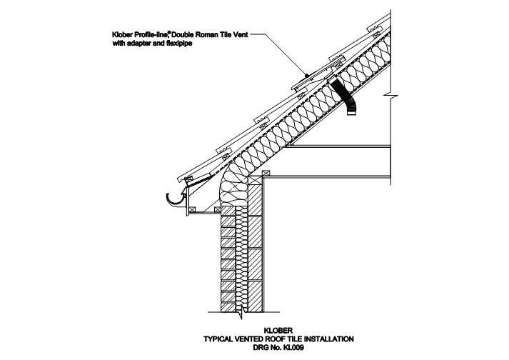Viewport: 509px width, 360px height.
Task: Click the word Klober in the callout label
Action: (122, 34)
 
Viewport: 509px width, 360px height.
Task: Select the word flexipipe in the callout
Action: (178, 43)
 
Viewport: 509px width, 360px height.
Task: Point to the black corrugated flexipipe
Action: (344, 96)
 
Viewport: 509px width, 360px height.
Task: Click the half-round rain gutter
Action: (175, 200)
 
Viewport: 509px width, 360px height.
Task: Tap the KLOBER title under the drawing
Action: (278, 331)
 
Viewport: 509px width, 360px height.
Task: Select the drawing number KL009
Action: (293, 348)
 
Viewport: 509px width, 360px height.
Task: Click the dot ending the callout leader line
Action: (307, 75)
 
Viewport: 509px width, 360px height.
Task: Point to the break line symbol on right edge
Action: (390, 95)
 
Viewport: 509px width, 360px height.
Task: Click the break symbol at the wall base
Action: (240, 314)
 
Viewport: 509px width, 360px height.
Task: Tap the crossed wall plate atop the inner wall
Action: (266, 174)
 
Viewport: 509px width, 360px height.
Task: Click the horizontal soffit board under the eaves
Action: (204, 214)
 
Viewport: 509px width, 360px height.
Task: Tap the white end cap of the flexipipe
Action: (351, 113)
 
